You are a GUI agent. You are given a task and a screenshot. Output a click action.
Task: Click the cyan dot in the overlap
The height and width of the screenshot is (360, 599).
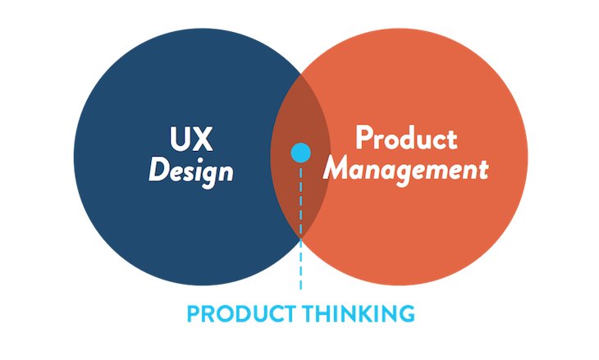301,152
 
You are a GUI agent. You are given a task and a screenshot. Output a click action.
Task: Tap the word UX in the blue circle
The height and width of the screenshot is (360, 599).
191,138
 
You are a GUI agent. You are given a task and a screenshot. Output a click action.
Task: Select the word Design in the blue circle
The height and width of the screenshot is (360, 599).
191,171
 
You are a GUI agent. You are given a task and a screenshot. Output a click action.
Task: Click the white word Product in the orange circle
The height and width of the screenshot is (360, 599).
405,138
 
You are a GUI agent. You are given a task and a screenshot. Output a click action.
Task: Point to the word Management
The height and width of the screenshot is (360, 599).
405,171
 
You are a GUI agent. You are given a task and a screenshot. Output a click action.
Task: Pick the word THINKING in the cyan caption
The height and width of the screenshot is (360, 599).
359,313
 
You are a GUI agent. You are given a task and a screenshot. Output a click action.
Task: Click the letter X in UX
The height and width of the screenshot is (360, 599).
203,138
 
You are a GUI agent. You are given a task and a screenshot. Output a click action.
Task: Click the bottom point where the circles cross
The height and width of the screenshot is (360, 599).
300,238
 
